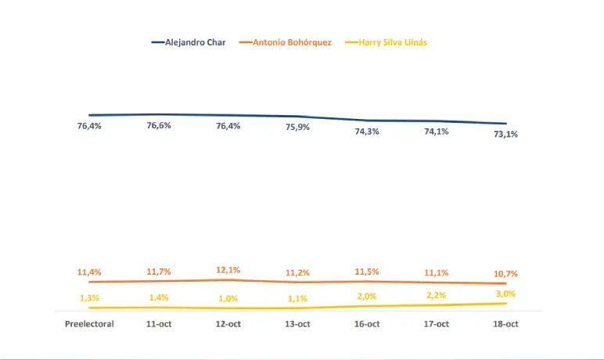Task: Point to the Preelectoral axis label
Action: click(89, 324)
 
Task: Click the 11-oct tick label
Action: click(159, 324)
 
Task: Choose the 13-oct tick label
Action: click(297, 324)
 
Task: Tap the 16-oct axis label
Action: click(367, 324)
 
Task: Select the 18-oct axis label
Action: click(506, 324)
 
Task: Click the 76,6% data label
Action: click(159, 126)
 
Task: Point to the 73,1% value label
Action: click(506, 135)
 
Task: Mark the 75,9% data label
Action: click(297, 128)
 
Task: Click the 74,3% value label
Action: click(367, 131)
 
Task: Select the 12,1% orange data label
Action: click(228, 270)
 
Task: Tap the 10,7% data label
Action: click(506, 274)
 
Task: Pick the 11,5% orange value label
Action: click(367, 272)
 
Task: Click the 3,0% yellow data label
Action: click(506, 293)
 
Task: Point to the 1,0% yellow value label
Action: click(228, 299)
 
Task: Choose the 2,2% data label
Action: click(437, 296)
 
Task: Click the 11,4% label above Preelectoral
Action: click(89, 272)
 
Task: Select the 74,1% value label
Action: click(437, 131)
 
